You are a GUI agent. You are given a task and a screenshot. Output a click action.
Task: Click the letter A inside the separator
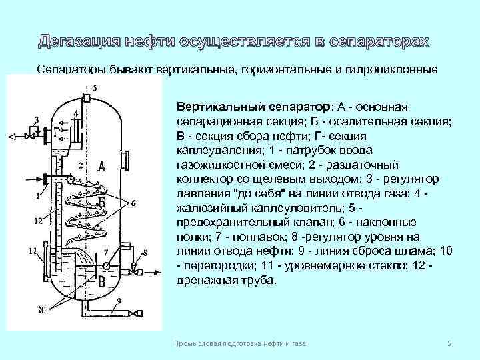tap(101, 165)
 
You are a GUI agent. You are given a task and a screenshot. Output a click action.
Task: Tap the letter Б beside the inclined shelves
tap(102, 202)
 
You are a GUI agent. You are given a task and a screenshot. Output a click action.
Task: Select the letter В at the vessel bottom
tap(101, 282)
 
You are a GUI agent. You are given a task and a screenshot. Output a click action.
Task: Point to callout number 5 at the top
tap(95, 88)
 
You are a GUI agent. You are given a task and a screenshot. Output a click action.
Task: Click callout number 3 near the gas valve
tap(36, 119)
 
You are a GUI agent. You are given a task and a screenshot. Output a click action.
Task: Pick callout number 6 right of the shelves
tap(133, 203)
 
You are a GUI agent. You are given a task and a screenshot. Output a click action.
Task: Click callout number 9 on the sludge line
tap(119, 301)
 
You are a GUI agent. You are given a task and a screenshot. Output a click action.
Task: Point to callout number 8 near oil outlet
tap(145, 251)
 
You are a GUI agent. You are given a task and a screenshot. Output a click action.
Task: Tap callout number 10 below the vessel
tap(41, 310)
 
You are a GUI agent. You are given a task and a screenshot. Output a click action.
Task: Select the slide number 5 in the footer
tap(449, 343)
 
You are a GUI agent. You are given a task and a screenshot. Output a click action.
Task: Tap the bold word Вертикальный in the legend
tap(217, 107)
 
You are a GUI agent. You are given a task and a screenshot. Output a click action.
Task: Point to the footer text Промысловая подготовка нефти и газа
tap(239, 343)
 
